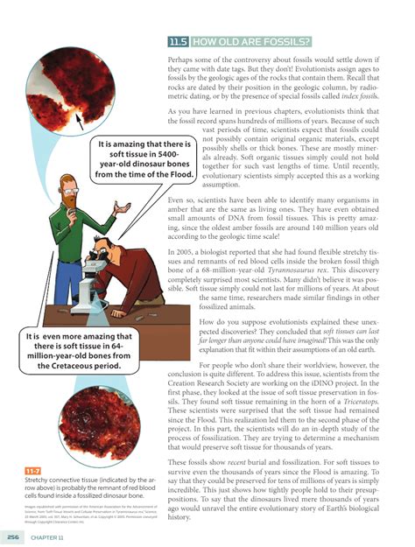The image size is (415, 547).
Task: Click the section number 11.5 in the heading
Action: (x=178, y=41)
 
